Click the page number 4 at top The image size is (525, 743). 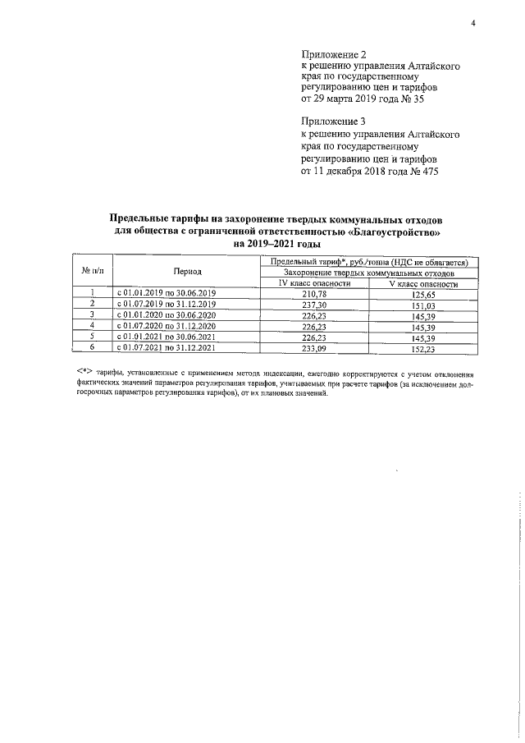473,22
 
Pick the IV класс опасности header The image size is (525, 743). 314,283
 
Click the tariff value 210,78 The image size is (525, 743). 314,293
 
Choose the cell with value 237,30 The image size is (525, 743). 314,304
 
